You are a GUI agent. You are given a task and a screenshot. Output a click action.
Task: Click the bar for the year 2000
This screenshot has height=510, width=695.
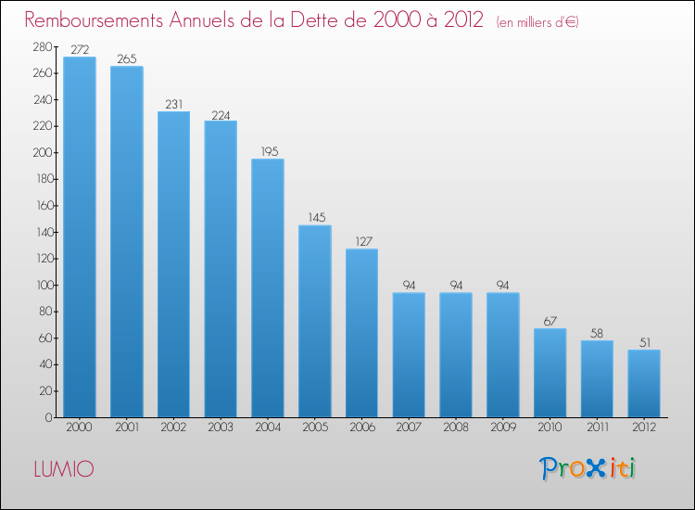79,236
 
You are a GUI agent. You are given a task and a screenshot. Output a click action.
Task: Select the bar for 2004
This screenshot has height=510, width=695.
268,287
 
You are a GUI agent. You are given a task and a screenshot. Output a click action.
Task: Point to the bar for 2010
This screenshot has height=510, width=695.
550,372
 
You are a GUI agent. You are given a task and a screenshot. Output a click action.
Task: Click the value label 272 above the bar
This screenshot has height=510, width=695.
80,50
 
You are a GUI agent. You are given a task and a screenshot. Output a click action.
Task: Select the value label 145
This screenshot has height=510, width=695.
315,218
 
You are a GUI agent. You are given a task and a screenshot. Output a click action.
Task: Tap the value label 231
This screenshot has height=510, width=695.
173,104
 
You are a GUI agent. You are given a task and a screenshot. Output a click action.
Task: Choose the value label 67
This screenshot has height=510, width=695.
550,321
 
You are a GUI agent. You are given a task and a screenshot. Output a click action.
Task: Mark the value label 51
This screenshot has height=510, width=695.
644,342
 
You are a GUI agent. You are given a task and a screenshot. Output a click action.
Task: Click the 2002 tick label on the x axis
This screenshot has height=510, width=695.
173,428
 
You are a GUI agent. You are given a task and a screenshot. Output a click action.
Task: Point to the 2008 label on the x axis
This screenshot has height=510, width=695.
456,428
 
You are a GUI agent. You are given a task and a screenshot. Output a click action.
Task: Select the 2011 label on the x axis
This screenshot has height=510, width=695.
597,428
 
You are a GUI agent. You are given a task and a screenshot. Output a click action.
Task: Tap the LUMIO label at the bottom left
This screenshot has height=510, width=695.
63,469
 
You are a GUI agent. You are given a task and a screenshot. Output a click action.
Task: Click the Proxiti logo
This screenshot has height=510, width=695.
588,468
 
